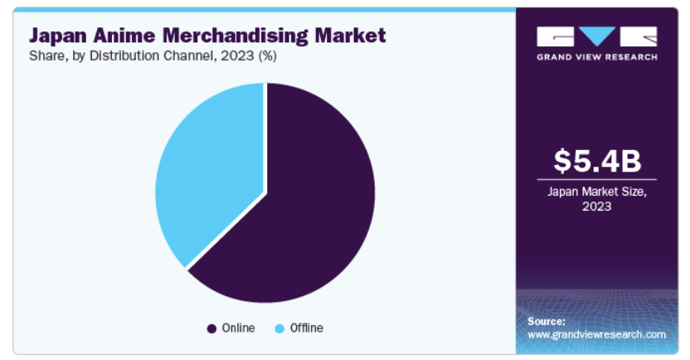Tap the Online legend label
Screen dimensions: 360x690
click(x=238, y=328)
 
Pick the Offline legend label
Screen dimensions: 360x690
click(x=306, y=328)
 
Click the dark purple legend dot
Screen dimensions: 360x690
click(x=211, y=328)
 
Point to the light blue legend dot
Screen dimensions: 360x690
click(x=279, y=328)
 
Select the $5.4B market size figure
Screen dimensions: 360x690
click(x=596, y=160)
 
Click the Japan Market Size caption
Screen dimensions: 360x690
click(x=596, y=192)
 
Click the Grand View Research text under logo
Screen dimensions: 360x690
click(x=596, y=56)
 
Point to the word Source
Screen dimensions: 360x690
click(x=546, y=321)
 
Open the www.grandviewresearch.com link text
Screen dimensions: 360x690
click(x=596, y=334)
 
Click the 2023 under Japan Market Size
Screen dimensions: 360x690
click(x=596, y=207)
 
